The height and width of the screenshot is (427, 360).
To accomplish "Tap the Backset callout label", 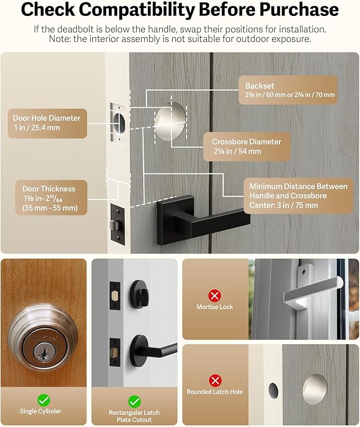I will pos(290,90).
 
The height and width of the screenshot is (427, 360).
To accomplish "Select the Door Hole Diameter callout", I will pos(47,123).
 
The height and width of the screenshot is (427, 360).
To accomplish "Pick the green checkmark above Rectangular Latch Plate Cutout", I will pos(134,401).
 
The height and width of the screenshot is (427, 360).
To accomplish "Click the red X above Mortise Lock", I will pos(215,295).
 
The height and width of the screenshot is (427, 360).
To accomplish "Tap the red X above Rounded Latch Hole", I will pos(215,380).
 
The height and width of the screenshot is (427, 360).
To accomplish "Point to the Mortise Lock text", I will pos(215,307).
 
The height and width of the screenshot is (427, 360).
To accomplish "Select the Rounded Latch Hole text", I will pos(215,392).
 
